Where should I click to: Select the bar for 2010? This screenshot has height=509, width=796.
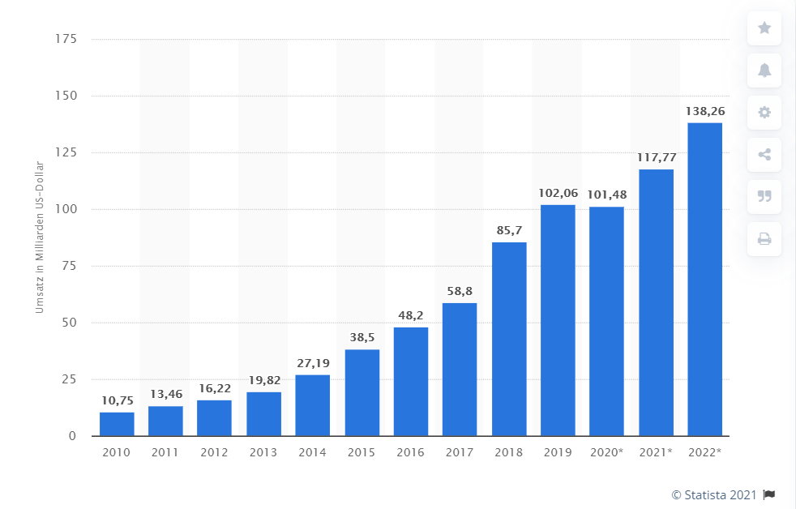(x=117, y=424)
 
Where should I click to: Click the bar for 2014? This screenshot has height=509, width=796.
(x=312, y=405)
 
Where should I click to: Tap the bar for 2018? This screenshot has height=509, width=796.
(x=508, y=339)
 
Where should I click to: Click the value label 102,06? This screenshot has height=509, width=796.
(x=558, y=194)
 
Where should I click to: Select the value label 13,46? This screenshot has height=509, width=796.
(x=165, y=395)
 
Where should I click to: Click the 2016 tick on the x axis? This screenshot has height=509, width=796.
(x=410, y=452)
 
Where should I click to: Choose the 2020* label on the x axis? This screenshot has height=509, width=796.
(x=606, y=452)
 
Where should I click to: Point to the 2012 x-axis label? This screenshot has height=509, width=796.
(x=214, y=452)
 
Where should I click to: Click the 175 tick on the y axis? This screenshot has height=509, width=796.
(x=66, y=39)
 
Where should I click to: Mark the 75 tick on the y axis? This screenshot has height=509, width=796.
(x=69, y=266)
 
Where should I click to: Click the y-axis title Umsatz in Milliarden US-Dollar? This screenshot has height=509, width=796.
(x=39, y=238)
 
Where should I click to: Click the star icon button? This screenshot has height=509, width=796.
(x=764, y=28)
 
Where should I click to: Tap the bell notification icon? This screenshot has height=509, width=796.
(x=764, y=71)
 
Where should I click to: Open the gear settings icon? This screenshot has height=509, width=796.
(x=764, y=113)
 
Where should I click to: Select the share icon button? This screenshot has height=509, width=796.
(x=764, y=155)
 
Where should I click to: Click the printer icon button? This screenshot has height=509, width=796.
(x=764, y=238)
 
